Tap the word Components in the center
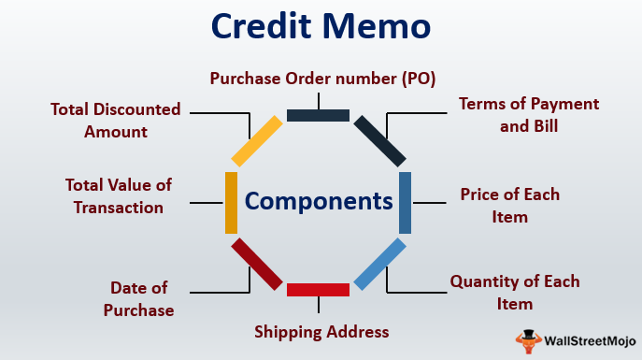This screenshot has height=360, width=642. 319,200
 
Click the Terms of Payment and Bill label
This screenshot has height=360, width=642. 528,114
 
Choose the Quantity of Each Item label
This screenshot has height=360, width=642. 514,292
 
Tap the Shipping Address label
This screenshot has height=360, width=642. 321,331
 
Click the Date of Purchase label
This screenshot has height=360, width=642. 142,298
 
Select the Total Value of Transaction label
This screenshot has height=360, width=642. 119,196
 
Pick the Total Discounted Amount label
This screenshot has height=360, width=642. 116,121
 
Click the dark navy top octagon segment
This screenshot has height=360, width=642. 318,116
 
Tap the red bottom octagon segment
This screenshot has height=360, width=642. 318,290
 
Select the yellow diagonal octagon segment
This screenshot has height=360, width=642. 256,140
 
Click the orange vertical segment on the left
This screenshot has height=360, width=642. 232,202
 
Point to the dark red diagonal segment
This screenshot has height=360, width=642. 256,264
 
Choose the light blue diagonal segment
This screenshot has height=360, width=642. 379,264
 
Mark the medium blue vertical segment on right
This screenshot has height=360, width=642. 405,202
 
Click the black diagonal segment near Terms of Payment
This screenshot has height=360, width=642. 379,140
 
